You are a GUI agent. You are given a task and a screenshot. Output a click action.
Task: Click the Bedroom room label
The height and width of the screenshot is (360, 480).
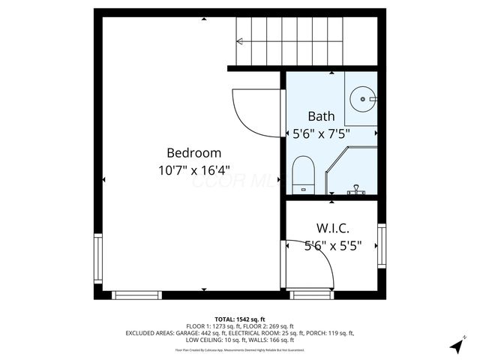(193, 151)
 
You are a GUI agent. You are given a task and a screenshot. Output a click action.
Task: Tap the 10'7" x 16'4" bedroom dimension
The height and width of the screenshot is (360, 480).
(193, 170)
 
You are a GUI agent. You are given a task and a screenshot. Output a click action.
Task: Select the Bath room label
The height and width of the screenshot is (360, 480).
(322, 116)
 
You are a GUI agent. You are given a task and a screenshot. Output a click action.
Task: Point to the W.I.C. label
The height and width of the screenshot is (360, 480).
(331, 228)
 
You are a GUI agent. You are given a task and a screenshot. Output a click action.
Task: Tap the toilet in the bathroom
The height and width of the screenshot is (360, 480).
(303, 174)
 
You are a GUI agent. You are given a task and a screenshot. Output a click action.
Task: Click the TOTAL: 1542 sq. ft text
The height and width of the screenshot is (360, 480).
(240, 319)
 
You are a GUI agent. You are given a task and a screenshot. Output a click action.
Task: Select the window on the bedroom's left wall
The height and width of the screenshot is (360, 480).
(97, 259)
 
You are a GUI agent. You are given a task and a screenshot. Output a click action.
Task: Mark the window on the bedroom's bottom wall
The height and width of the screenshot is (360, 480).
(137, 295)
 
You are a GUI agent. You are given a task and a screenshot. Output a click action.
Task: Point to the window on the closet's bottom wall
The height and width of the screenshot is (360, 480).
(313, 295)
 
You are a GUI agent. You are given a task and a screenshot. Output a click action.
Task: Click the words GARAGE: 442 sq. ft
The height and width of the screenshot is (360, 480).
(199, 333)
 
